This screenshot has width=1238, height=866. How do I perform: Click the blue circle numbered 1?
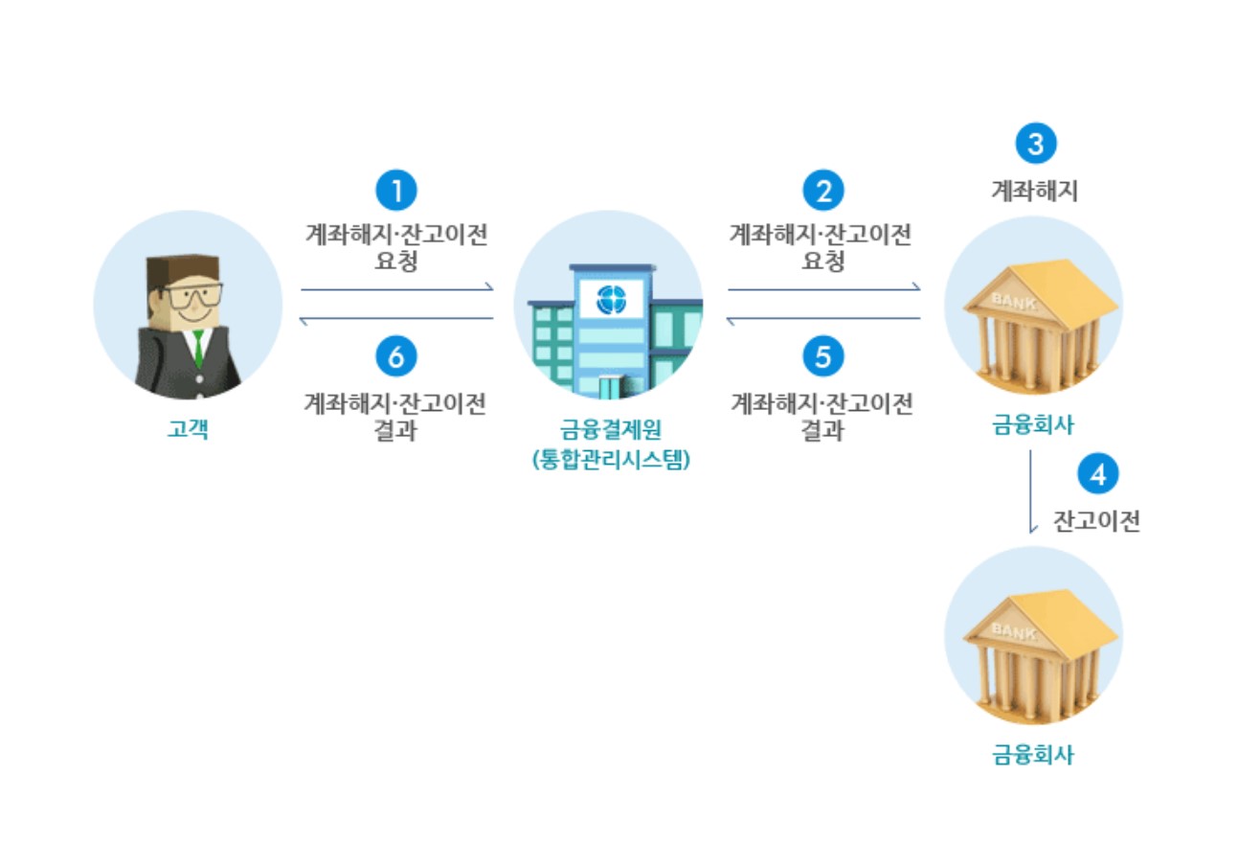click(396, 191)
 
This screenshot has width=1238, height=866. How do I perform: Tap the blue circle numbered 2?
click(823, 191)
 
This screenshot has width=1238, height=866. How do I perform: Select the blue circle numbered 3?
click(1035, 145)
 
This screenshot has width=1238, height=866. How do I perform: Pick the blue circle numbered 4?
click(1097, 475)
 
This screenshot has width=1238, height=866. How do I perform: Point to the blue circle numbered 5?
click(823, 356)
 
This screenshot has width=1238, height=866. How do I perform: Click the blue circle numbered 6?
click(396, 356)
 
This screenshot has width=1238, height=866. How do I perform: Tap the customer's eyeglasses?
click(192, 295)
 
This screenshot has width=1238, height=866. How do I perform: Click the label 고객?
click(188, 429)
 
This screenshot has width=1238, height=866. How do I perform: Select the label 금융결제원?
click(610, 430)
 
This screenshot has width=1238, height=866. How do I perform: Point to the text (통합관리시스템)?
click(611, 460)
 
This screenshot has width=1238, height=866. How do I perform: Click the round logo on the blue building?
click(610, 300)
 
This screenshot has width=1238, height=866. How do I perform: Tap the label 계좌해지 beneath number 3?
click(1034, 192)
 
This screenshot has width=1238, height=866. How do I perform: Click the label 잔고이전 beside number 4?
click(1097, 522)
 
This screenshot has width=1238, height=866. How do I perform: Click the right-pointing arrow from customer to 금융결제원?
click(396, 287)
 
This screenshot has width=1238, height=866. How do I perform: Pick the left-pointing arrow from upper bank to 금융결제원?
click(823, 319)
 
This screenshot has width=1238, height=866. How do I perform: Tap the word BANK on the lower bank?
click(1013, 629)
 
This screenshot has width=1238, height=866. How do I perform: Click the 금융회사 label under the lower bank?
click(1033, 755)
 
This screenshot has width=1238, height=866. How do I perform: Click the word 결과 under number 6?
click(396, 431)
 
